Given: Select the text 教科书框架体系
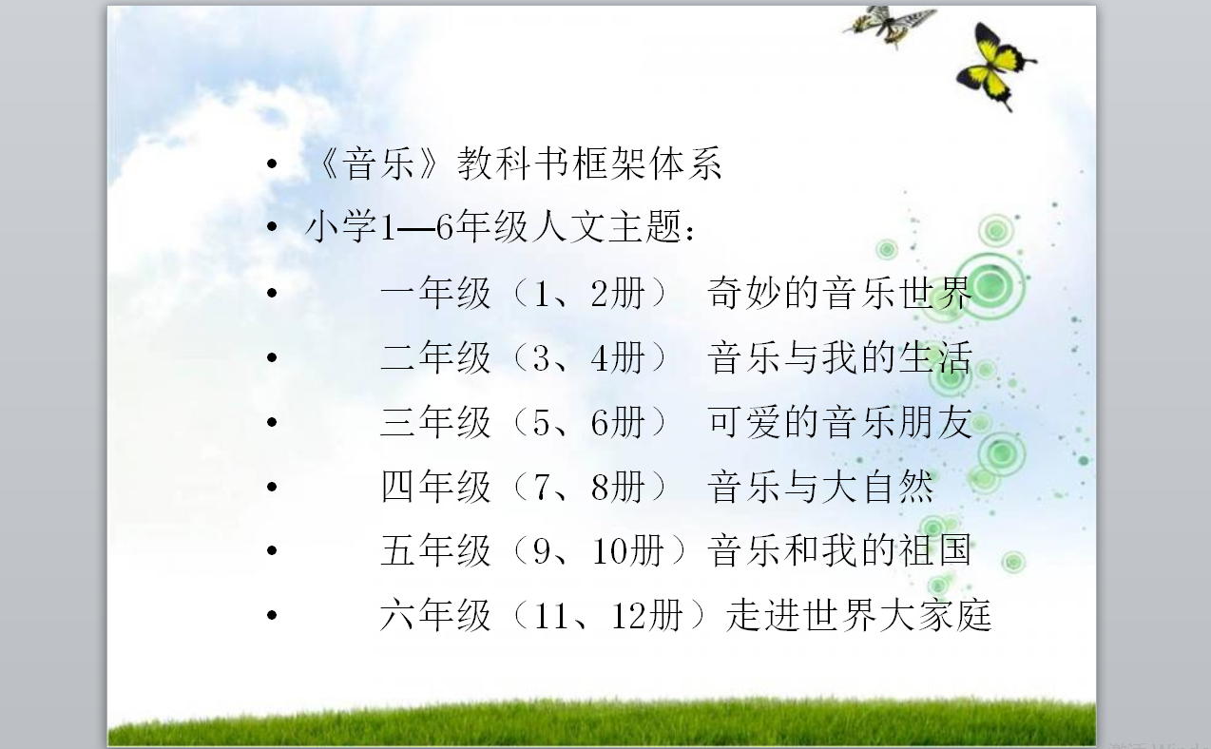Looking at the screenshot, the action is click(x=589, y=163).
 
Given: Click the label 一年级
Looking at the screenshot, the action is click(x=435, y=293).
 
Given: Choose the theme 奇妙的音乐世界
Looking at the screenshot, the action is click(x=840, y=293).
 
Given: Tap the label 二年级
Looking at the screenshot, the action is click(x=435, y=357).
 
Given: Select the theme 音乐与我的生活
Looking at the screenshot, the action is click(x=840, y=357).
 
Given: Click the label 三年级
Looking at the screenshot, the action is click(x=435, y=422).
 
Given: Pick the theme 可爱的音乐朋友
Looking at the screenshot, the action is click(x=840, y=422).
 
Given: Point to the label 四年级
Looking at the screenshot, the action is click(x=435, y=486).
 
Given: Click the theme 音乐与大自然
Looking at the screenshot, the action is click(x=820, y=486).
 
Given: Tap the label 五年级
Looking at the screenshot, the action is click(x=435, y=550).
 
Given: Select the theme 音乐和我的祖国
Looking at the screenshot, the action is click(x=840, y=550).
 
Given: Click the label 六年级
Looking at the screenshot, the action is click(x=435, y=615).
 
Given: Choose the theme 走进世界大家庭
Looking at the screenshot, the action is click(x=858, y=615).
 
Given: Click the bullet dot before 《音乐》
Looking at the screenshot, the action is click(x=272, y=163).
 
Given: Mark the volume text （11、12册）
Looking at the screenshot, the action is click(x=608, y=615).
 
